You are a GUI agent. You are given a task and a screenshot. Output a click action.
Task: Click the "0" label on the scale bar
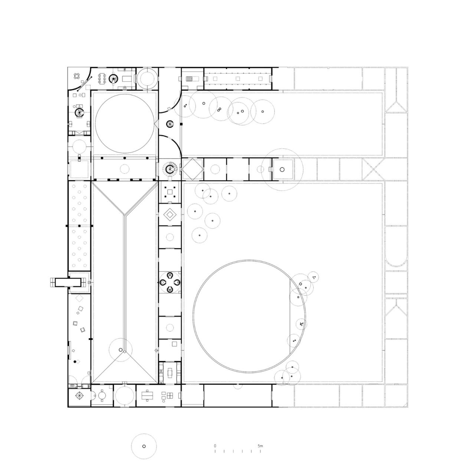215,445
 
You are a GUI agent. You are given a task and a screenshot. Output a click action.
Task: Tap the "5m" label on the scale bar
260,445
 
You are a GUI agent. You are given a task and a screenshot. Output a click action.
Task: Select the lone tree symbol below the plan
144,446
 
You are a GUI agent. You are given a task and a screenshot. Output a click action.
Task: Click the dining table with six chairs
102,78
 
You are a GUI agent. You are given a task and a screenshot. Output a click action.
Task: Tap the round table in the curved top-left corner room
77,76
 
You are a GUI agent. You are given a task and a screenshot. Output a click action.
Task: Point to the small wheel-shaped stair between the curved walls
170,124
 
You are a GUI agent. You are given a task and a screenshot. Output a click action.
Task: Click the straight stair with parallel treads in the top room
190,78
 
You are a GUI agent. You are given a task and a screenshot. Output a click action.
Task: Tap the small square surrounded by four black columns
170,192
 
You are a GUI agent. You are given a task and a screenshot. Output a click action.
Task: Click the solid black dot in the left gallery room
75,361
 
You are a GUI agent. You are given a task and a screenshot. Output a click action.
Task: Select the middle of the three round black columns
125,158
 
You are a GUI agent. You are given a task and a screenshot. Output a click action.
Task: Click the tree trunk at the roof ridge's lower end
120,350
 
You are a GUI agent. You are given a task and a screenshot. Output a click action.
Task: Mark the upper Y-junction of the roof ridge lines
125,214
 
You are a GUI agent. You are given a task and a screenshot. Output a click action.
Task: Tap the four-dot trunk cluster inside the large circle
302,324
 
